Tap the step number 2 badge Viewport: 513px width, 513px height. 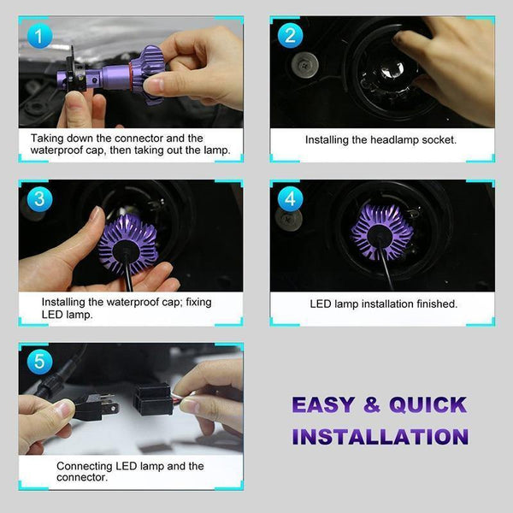290,35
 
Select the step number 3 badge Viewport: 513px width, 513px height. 38,199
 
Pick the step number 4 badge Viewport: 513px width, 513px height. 290,199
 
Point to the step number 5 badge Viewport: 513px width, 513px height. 38,362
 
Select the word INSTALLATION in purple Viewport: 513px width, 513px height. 380,436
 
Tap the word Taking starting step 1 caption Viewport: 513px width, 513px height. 49,138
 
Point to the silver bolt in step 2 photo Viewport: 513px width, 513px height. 304,66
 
